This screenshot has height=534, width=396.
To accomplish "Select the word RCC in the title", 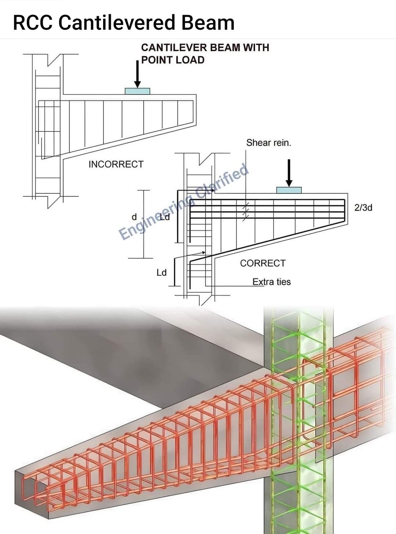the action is [x=33, y=22].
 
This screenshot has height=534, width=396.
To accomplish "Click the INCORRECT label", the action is [x=116, y=164].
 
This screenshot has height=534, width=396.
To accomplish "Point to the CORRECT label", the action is [x=263, y=263].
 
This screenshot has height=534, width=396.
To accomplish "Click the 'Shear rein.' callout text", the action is [x=269, y=143].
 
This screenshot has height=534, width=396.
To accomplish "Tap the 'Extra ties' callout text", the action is [x=272, y=282].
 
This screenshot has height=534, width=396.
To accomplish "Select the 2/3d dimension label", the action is [x=363, y=207].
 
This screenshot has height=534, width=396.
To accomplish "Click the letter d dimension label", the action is [x=134, y=217].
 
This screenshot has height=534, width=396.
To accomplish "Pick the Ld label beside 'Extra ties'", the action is [x=161, y=273].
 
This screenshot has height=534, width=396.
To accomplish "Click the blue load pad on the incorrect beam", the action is [x=138, y=91].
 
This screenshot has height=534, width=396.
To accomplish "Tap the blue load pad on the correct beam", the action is [x=289, y=190].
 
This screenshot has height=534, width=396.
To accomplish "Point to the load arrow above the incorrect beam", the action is [x=138, y=74].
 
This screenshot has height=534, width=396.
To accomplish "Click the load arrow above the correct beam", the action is [x=289, y=173].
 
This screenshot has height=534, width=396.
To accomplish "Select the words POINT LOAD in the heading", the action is [x=173, y=60].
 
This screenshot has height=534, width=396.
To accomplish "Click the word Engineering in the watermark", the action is [x=156, y=217].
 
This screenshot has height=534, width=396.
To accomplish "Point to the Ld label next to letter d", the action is [x=165, y=217].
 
